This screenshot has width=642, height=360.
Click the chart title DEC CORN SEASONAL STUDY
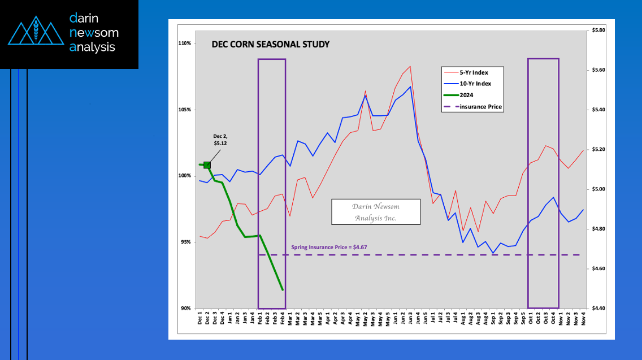[270, 44]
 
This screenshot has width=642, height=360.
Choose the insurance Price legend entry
[480, 106]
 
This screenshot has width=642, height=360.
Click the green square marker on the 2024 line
[207, 165]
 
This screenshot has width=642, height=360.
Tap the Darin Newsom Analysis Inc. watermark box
[375, 212]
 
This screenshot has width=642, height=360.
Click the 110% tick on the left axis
[185, 43]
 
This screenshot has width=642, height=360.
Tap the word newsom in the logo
[93, 33]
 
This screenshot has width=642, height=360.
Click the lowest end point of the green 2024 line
[283, 290]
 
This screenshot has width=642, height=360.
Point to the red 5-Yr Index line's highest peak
[410, 66]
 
